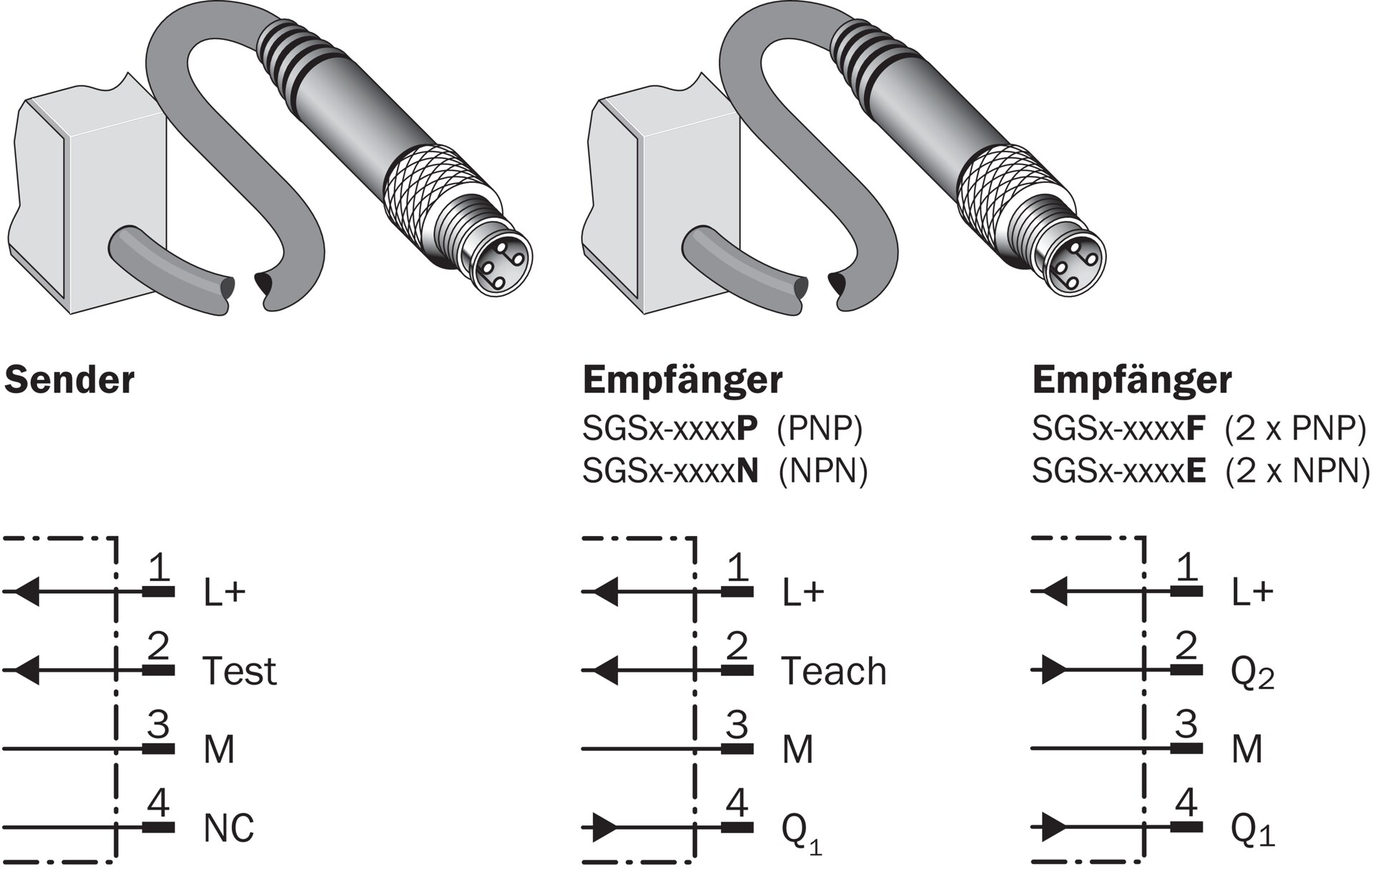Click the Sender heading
[69, 380]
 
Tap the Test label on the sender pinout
[240, 671]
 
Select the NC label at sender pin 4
[229, 828]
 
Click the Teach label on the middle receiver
[834, 671]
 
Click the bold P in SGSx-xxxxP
[747, 429]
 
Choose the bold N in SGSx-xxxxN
[747, 471]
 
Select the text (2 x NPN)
[1297, 471]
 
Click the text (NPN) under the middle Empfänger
[823, 471]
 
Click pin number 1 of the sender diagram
[159, 569]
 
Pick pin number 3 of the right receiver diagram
[1186, 725]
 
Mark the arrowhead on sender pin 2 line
[27, 670]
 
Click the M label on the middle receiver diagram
[798, 750]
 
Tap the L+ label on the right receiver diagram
[1252, 592]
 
